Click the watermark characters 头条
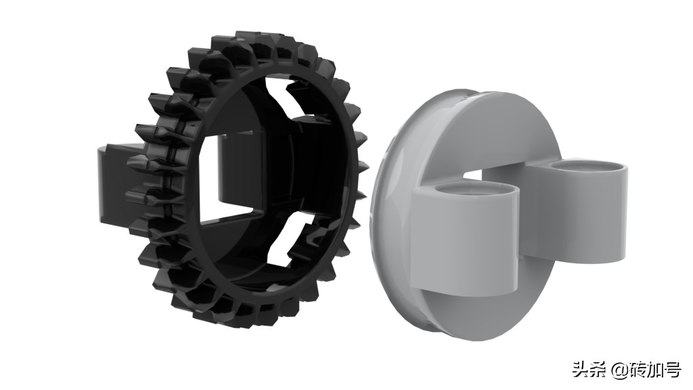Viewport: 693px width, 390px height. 589,370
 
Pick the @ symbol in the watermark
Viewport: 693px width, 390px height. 619,370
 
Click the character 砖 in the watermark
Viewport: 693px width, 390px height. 637,370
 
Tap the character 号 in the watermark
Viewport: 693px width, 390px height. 672,370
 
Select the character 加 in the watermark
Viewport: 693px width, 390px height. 654,370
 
